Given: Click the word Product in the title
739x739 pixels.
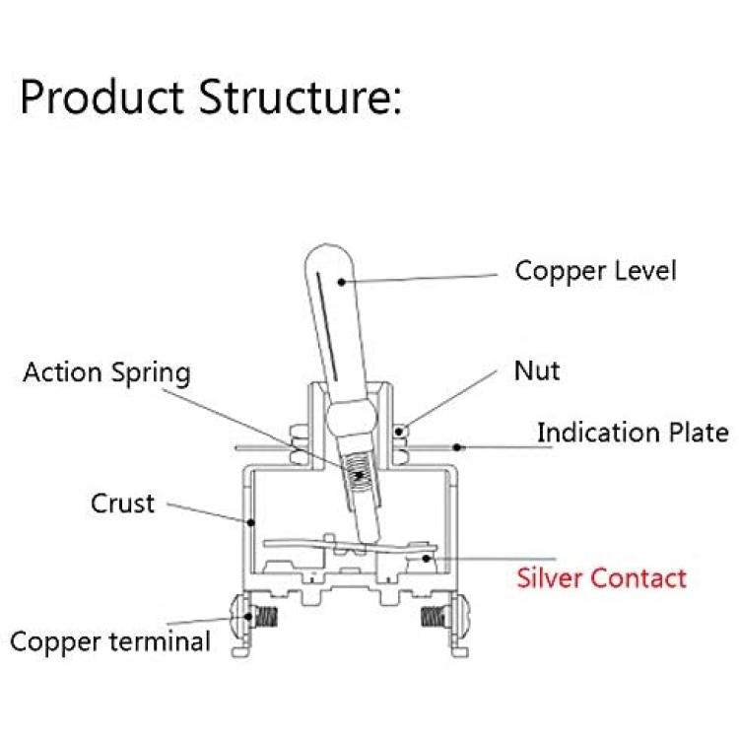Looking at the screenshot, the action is tap(101, 98).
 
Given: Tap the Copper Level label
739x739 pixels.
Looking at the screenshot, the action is tap(596, 272).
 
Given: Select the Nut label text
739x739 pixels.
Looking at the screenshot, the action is tap(537, 370).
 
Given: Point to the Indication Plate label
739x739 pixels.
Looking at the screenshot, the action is tap(633, 433).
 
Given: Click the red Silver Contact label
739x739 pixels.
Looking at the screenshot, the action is tap(601, 577).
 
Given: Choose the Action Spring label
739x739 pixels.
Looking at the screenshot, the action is tap(107, 373).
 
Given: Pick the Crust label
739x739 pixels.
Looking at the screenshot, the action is tap(122, 504).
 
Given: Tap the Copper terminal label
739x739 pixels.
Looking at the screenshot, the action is tap(110, 641).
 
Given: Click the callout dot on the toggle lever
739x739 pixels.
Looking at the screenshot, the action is tap(342, 282).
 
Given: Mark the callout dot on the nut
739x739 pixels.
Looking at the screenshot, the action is tap(399, 432).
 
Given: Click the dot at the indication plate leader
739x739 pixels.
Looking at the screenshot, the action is tap(456, 446).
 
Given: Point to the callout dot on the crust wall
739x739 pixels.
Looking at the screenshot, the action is tap(251, 522).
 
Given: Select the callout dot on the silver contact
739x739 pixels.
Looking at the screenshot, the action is tap(426, 558).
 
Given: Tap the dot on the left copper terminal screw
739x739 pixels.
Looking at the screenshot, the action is tap(248, 617).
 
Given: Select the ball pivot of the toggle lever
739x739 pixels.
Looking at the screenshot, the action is tap(352, 417).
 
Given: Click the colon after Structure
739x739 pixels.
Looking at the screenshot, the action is tap(397, 101).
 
